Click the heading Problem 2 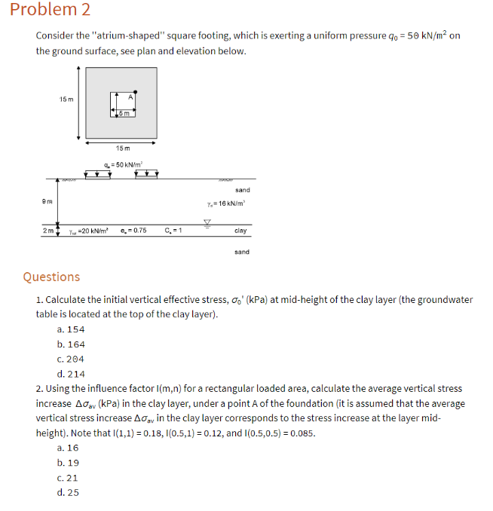point(46,10)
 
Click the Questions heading point(51,277)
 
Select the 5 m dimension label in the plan point(124,113)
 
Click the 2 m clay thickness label point(47,231)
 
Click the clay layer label point(240,231)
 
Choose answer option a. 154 point(71,329)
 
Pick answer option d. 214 point(71,374)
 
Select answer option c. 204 point(71,359)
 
